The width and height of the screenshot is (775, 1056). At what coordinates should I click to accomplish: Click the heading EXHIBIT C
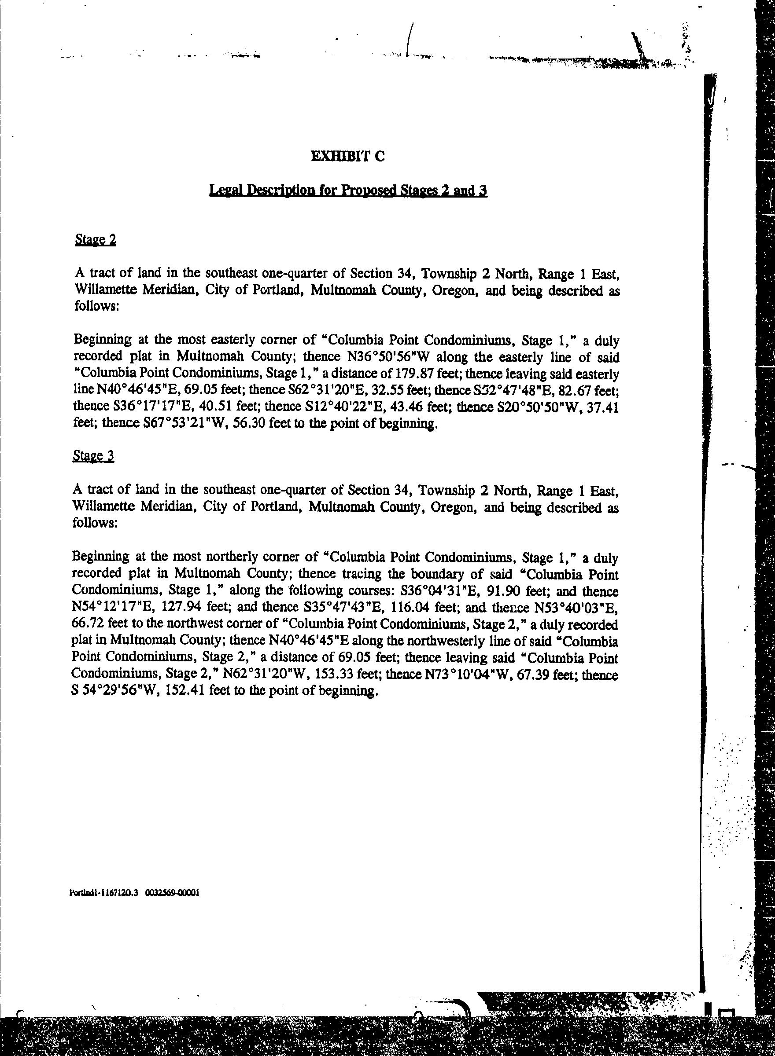pyautogui.click(x=347, y=156)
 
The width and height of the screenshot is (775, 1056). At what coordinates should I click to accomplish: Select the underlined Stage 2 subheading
pyautogui.click(x=95, y=240)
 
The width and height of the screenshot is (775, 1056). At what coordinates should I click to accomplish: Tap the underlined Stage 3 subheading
pyautogui.click(x=93, y=455)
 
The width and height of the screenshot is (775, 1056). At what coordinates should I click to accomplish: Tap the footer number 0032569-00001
pyautogui.click(x=173, y=893)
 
